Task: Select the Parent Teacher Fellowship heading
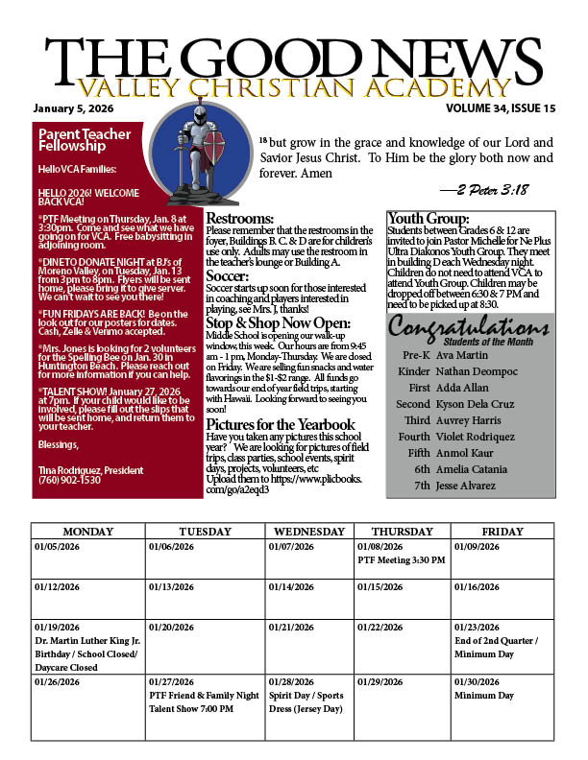point(72,141)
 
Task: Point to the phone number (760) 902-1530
point(68,481)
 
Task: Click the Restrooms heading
point(240,219)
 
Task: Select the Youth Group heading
point(428,219)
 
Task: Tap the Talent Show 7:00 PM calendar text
point(191,709)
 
